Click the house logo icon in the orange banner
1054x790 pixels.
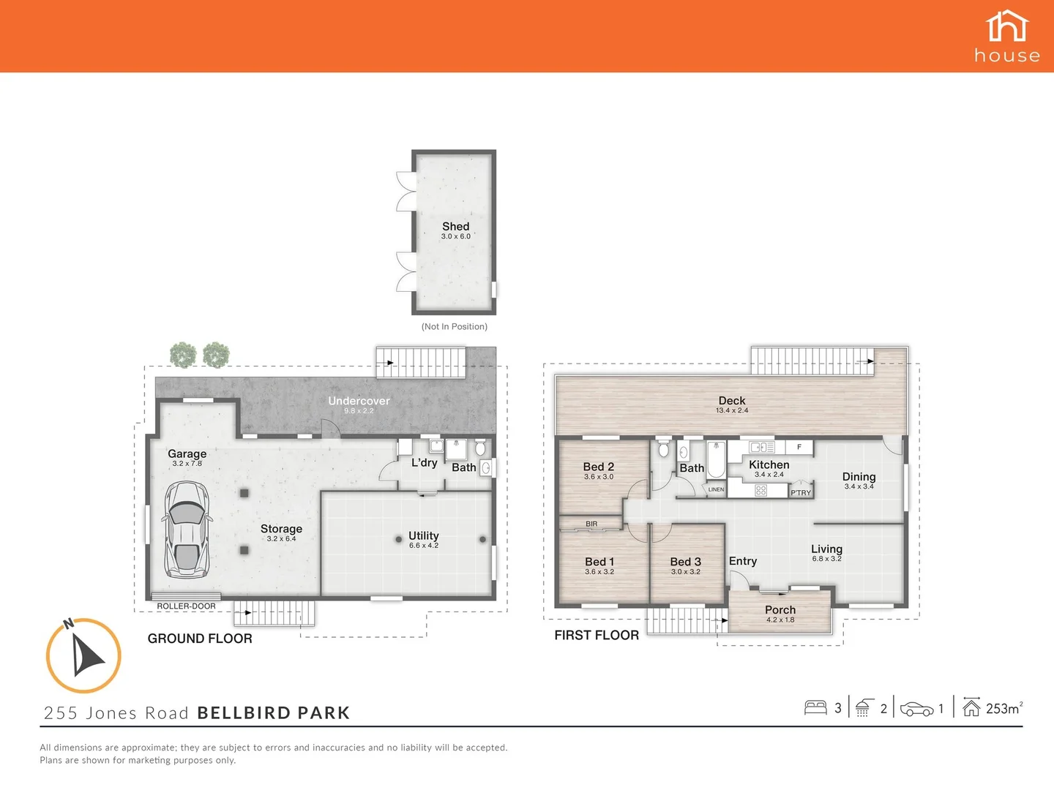(x=1007, y=27)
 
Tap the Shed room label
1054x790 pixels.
(x=455, y=227)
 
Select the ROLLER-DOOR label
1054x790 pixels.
(x=186, y=606)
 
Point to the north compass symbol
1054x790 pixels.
(x=83, y=655)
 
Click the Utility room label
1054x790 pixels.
(x=423, y=535)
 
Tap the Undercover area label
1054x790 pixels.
(x=359, y=401)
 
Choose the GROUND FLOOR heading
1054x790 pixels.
(x=200, y=639)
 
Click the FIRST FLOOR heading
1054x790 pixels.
(x=597, y=635)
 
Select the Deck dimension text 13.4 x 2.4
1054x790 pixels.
(x=732, y=410)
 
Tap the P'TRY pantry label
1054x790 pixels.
(x=801, y=492)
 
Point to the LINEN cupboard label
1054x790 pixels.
(x=716, y=489)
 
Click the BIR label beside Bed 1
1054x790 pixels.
(x=591, y=524)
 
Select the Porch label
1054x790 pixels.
(x=780, y=609)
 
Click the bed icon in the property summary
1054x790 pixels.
(x=815, y=707)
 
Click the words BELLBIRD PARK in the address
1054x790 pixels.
(x=274, y=712)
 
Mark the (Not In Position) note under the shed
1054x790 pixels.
(x=454, y=326)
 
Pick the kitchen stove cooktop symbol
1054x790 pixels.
(x=760, y=491)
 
